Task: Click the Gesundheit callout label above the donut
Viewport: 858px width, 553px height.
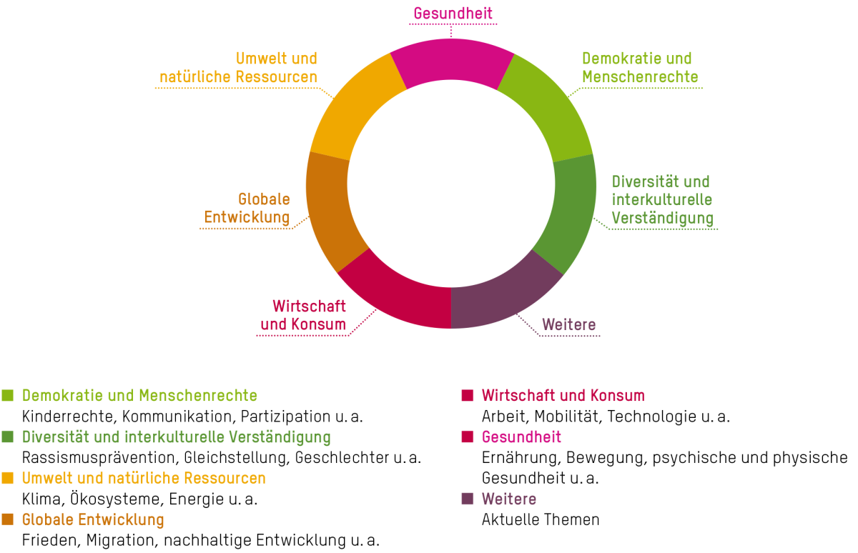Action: (x=453, y=14)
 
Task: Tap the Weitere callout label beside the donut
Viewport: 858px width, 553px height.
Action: (x=568, y=324)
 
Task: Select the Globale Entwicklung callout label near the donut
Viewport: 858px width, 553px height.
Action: (x=247, y=208)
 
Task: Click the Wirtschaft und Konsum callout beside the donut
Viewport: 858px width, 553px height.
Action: (x=305, y=316)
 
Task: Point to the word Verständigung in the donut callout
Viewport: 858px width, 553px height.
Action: (x=663, y=219)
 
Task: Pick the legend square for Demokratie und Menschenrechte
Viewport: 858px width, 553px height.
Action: (x=8, y=396)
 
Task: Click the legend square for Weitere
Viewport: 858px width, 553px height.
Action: (x=468, y=499)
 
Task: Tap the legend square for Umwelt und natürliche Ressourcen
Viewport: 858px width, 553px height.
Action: (x=8, y=478)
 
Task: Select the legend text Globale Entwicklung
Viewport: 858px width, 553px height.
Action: (x=93, y=520)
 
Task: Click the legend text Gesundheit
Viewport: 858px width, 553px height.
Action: (x=521, y=437)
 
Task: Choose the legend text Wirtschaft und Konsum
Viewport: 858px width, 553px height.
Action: (x=563, y=396)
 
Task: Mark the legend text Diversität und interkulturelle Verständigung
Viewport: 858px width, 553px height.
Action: (x=176, y=437)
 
